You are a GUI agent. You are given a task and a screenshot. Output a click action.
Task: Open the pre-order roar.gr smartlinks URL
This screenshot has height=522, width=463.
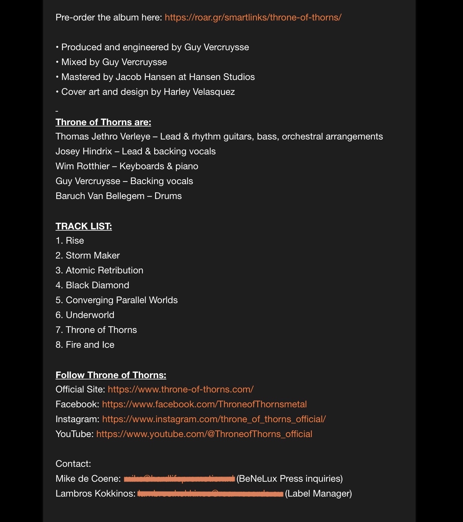pyautogui.click(x=253, y=17)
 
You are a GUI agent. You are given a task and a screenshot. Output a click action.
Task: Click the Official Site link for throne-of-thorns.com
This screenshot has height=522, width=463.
pyautogui.click(x=181, y=389)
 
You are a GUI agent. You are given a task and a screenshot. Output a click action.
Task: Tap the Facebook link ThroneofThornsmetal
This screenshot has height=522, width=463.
pyautogui.click(x=204, y=404)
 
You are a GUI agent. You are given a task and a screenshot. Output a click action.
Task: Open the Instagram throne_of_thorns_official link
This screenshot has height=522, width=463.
pyautogui.click(x=214, y=419)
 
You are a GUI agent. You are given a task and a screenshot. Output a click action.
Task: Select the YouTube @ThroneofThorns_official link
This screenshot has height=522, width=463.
pyautogui.click(x=204, y=434)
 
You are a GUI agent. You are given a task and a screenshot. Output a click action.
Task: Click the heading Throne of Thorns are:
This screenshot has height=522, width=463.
pyautogui.click(x=103, y=122)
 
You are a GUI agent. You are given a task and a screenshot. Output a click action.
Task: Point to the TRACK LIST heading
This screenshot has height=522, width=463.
pyautogui.click(x=84, y=226)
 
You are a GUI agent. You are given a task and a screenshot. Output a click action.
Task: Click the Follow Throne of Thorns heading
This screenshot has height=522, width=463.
pyautogui.click(x=111, y=375)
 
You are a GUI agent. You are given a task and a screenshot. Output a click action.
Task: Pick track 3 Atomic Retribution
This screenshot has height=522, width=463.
pyautogui.click(x=99, y=270)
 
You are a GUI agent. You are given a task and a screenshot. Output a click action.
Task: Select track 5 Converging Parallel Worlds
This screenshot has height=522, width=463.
pyautogui.click(x=117, y=300)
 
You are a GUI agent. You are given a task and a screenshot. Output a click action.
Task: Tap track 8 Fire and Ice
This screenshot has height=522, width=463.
pyautogui.click(x=85, y=345)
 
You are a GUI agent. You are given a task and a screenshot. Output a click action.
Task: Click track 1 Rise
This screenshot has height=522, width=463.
pyautogui.click(x=70, y=241)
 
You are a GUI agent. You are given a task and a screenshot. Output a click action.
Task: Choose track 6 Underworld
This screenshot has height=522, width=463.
pyautogui.click(x=85, y=315)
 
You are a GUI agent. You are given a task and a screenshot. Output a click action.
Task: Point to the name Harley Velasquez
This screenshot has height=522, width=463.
pyautogui.click(x=199, y=92)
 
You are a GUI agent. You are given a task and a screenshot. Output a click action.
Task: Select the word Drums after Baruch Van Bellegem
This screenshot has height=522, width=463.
pyautogui.click(x=168, y=196)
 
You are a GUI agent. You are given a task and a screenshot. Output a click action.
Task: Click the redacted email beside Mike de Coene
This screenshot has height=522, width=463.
pyautogui.click(x=179, y=479)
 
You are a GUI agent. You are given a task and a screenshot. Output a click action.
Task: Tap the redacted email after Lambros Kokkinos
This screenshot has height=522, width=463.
pyautogui.click(x=210, y=494)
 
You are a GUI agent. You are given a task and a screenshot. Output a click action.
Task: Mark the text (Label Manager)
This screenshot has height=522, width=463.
pyautogui.click(x=318, y=493)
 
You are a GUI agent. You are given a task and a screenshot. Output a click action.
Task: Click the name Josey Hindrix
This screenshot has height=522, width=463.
pyautogui.click(x=84, y=151)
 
